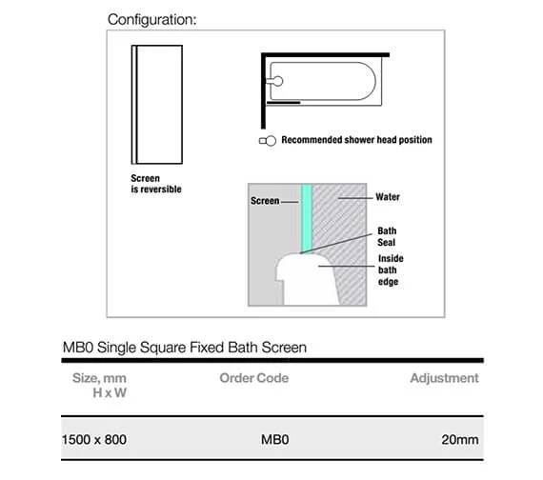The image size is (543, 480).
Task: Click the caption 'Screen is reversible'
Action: click(x=155, y=183)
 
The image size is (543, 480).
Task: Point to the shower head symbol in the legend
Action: click(x=268, y=140)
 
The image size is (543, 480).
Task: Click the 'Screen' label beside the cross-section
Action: click(x=264, y=201)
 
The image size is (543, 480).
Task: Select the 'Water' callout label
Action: click(x=387, y=198)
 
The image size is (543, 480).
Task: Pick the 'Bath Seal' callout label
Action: click(x=387, y=236)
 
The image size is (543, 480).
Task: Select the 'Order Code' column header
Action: click(x=253, y=379)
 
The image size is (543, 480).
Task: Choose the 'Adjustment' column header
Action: click(x=444, y=379)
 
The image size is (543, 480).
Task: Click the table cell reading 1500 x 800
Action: click(x=93, y=440)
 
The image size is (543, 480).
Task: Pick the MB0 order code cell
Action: click(x=273, y=440)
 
